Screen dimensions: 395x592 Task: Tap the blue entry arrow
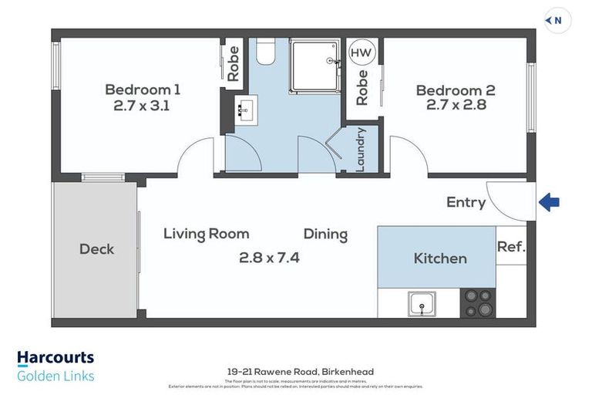(x=549, y=203)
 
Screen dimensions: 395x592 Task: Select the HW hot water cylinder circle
(x=359, y=52)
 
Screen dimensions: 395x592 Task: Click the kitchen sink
(x=422, y=304)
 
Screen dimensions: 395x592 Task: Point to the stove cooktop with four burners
(x=477, y=302)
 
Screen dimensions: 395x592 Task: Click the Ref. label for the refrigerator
(x=511, y=248)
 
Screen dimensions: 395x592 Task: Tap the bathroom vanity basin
(x=244, y=110)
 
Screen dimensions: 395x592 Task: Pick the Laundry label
(x=360, y=148)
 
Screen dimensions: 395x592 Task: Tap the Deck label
(x=96, y=249)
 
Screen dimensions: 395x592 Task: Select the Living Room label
(x=206, y=234)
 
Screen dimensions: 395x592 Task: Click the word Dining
(x=325, y=234)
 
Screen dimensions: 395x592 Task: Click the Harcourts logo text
(x=55, y=358)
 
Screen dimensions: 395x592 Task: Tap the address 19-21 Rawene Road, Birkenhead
(x=296, y=372)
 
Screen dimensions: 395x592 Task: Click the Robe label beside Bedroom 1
(x=234, y=65)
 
